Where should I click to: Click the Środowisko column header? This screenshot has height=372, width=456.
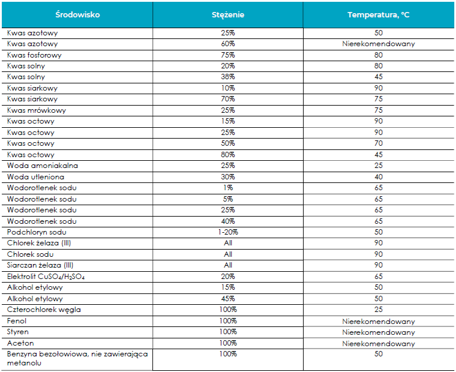click(77, 14)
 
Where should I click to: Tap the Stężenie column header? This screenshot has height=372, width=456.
click(228, 15)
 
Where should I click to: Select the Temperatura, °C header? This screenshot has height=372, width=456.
click(379, 15)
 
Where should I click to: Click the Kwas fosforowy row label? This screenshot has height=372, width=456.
click(34, 55)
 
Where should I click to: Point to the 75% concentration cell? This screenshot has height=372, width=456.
click(228, 55)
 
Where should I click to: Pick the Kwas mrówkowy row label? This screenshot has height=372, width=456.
click(37, 110)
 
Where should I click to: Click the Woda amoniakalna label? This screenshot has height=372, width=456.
click(43, 166)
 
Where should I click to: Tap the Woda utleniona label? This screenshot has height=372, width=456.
click(35, 177)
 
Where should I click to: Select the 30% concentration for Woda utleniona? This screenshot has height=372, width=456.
click(228, 177)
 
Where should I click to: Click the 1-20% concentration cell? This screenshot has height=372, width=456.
click(228, 232)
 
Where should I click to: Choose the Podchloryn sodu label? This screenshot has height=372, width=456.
click(37, 232)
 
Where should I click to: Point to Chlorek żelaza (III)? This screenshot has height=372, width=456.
click(39, 243)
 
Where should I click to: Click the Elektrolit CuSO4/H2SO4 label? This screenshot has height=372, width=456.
click(46, 277)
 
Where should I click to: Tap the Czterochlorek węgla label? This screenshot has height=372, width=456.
click(44, 310)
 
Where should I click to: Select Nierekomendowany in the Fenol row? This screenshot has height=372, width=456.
click(379, 322)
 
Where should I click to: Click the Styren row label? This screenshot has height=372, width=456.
click(18, 332)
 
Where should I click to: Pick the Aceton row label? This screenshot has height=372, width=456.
click(20, 343)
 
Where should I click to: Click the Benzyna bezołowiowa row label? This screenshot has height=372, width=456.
click(77, 358)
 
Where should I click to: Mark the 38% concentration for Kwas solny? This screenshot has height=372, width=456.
click(228, 77)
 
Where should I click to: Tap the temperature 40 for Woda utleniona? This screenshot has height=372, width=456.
click(379, 177)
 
